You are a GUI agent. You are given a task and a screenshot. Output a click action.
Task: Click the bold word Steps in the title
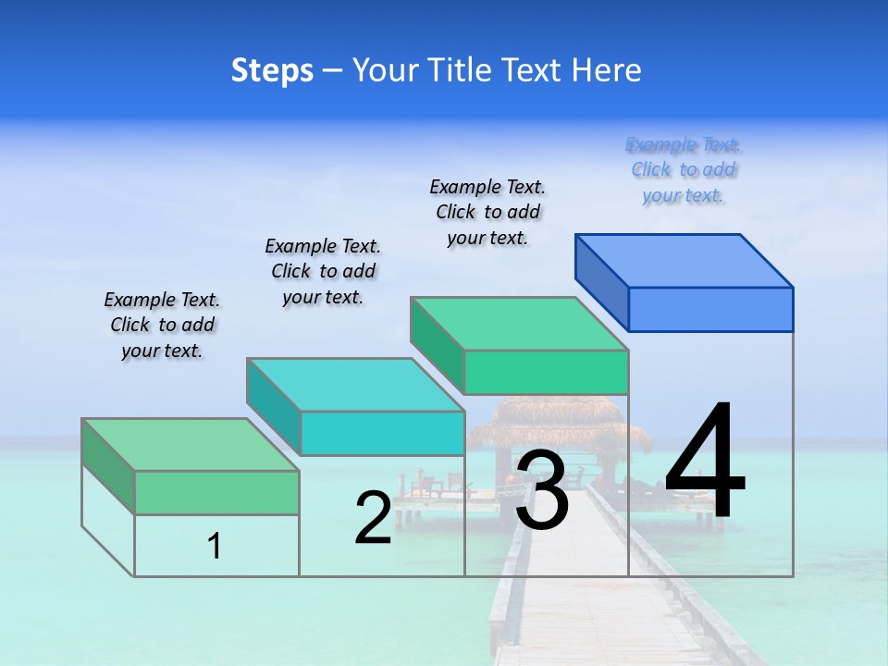pyautogui.click(x=272, y=70)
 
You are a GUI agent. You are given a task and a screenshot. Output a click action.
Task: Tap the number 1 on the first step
pyautogui.click(x=214, y=547)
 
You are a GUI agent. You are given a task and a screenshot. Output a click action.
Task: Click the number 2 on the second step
pyautogui.click(x=373, y=518)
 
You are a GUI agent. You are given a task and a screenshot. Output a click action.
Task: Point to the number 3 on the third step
pyautogui.click(x=542, y=491)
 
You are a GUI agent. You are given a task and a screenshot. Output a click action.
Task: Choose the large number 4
pyautogui.click(x=705, y=462)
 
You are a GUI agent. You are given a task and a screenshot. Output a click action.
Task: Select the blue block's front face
pyautogui.click(x=710, y=309)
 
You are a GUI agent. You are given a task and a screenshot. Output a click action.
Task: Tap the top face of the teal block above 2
pyautogui.click(x=355, y=385)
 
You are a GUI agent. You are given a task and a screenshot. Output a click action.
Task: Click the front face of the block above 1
pyautogui.click(x=216, y=492)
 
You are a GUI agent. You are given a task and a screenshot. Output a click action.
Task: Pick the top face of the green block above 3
pyautogui.click(x=519, y=324)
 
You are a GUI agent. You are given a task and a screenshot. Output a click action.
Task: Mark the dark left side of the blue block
pyautogui.click(x=601, y=282)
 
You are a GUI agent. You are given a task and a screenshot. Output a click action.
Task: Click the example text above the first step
pyautogui.click(x=162, y=325)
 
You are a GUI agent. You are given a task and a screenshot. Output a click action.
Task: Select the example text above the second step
pyautogui.click(x=323, y=271)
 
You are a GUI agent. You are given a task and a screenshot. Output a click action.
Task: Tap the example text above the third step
pyautogui.click(x=487, y=212)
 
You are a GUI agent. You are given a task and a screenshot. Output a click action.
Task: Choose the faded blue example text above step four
pyautogui.click(x=683, y=170)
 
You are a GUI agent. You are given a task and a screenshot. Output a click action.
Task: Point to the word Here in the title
pyautogui.click(x=605, y=70)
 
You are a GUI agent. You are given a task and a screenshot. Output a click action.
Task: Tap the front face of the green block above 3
pyautogui.click(x=546, y=372)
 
